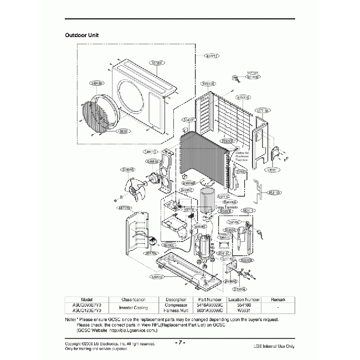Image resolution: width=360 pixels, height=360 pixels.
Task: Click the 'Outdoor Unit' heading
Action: click(x=82, y=35)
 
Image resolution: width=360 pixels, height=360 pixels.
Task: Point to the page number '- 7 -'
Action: click(x=180, y=342)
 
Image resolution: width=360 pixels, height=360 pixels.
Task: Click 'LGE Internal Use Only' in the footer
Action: click(x=273, y=346)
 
